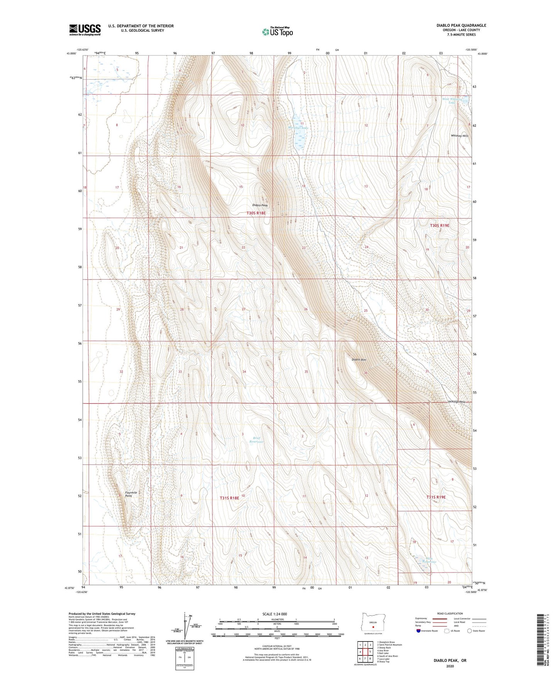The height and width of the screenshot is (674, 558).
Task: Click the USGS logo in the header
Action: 85,30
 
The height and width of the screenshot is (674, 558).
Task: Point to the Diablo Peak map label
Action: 259,205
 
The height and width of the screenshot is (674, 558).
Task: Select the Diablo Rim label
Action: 359,360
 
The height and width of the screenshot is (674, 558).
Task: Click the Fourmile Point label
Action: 131,494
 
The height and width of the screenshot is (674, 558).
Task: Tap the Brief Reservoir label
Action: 256,440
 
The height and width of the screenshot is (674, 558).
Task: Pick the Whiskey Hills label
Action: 459,136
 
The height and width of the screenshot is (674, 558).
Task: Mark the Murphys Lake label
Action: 298,127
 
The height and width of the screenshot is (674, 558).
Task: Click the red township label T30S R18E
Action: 256,213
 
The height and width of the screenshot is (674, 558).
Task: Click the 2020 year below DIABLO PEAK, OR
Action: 449,666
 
